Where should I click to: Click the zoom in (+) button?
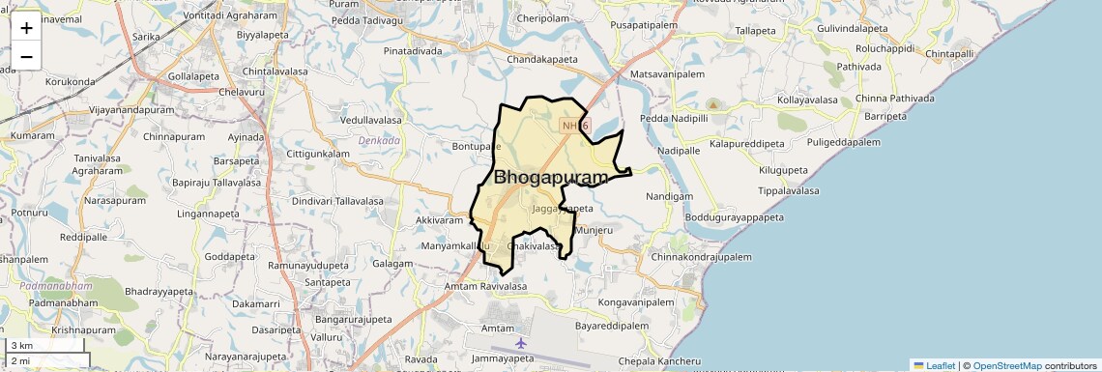pyautogui.click(x=26, y=28)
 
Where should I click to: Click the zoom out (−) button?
pyautogui.click(x=26, y=56)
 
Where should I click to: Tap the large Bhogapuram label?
pyautogui.click(x=551, y=178)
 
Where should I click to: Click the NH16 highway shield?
pyautogui.click(x=574, y=125)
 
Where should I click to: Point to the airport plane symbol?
pyautogui.click(x=521, y=342)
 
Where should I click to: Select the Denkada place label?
pyautogui.click(x=379, y=140)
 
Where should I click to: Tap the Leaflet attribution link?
pyautogui.click(x=934, y=365)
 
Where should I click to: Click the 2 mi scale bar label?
pyautogui.click(x=21, y=360)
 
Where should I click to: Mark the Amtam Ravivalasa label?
pyautogui.click(x=485, y=287)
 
